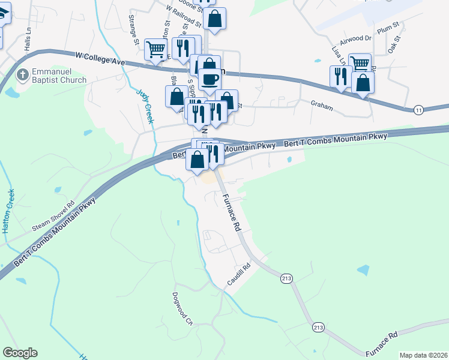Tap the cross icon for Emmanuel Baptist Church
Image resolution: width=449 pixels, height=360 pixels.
coord(22,75)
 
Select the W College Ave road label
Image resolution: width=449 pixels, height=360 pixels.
coord(100,58)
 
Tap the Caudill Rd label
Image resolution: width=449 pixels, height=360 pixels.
coord(238,275)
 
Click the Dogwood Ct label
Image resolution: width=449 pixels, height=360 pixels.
coord(181,308)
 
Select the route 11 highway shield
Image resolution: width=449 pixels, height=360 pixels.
coord(418,109)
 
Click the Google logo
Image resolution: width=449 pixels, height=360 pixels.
coord(20,353)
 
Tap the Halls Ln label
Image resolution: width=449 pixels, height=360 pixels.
coord(26,41)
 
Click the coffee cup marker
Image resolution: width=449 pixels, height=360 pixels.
coord(209,80)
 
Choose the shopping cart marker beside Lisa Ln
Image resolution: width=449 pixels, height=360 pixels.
coord(360,64)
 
